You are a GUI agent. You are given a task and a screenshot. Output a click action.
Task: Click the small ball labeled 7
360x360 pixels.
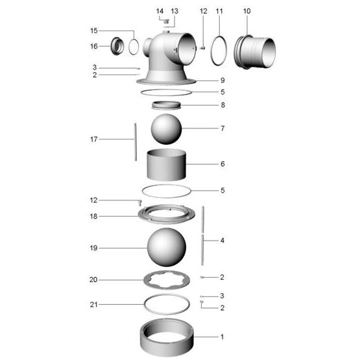click(x=167, y=129)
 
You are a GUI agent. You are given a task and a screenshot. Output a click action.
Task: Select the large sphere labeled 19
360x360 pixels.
click(x=167, y=248)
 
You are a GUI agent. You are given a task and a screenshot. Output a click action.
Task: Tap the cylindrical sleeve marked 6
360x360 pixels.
click(x=166, y=166)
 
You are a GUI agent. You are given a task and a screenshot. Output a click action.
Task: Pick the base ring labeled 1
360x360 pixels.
click(x=167, y=341)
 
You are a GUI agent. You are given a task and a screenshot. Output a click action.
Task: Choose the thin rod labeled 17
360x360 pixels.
click(x=135, y=141)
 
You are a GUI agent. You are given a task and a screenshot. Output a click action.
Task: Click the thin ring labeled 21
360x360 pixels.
click(x=167, y=303)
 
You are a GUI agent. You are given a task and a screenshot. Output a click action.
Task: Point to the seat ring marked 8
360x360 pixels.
click(x=167, y=105)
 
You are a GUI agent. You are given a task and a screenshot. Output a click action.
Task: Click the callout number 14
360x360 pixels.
click(x=160, y=11)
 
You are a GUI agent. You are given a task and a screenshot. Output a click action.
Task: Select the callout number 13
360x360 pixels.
click(x=174, y=11)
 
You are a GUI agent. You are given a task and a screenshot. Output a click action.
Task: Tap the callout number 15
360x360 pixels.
click(x=94, y=30)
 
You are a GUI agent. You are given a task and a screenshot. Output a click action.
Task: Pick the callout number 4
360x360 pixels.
click(x=222, y=240)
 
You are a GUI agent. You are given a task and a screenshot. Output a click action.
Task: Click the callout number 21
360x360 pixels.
click(x=93, y=304)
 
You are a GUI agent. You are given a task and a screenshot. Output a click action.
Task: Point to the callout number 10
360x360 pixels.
click(x=246, y=11)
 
